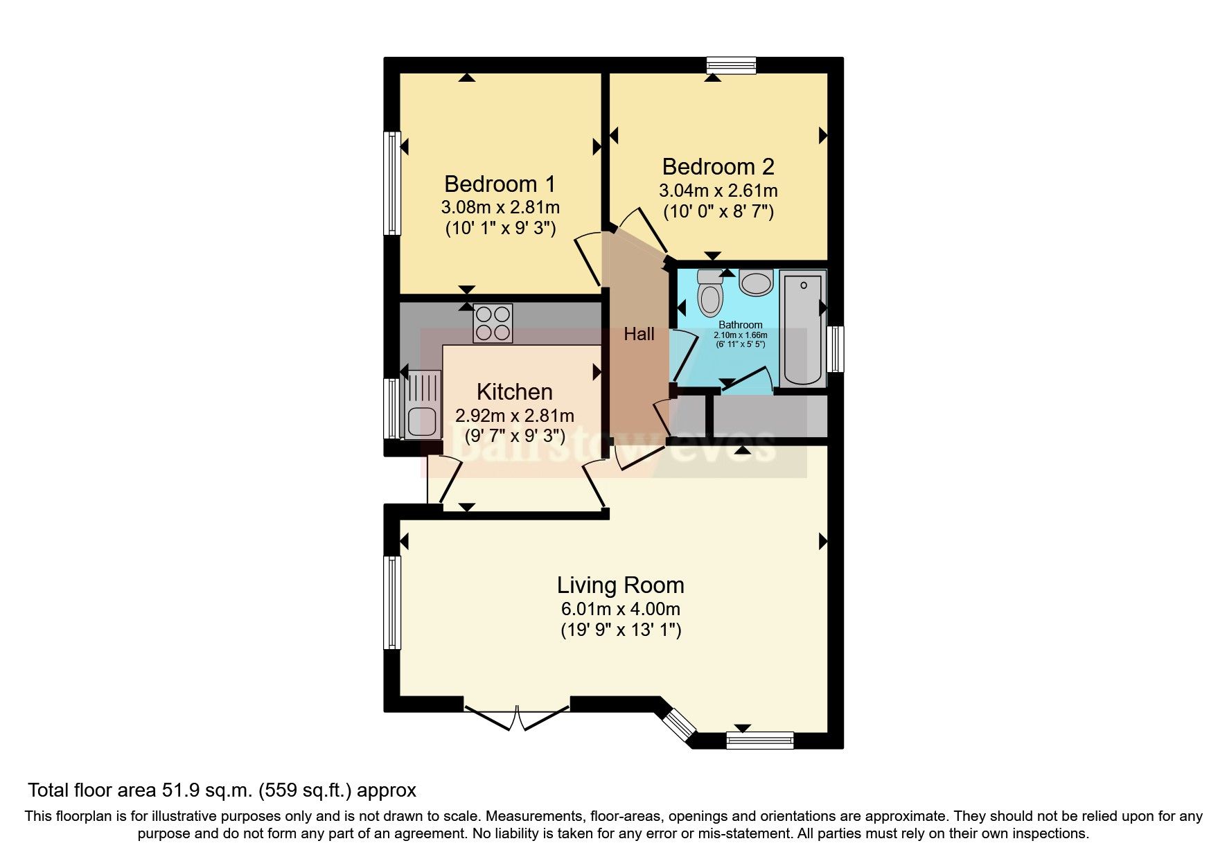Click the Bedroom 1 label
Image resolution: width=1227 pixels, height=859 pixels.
pos(500,184)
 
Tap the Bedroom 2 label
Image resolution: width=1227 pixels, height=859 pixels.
pos(718,167)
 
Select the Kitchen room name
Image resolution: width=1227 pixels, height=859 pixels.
pos(514,392)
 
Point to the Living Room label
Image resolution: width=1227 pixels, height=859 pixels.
pos(620,585)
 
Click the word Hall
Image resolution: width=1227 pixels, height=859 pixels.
pos(639,335)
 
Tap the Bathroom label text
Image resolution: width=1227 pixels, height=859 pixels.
pos(740,325)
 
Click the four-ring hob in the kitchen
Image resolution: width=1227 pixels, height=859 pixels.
pos(493,323)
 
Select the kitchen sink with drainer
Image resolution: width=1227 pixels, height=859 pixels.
pos(422,406)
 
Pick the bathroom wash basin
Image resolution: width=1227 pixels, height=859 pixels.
pos(756,283)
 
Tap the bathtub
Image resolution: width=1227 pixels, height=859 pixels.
pos(803,329)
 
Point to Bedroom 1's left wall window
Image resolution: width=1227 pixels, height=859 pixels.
pos(393,183)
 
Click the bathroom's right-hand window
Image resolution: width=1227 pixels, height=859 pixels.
pos(838,349)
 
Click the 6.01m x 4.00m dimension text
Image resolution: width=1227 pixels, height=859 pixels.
pos(620,610)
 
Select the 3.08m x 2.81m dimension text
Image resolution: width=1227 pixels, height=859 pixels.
pos(500,207)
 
